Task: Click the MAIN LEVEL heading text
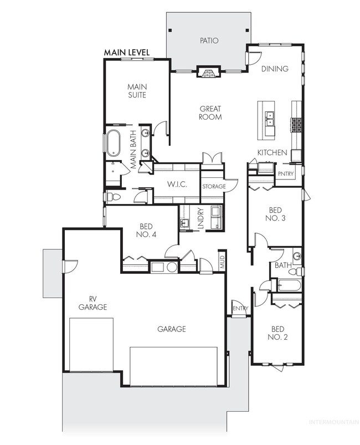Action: tap(128, 52)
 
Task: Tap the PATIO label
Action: tap(209, 40)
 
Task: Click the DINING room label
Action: tap(275, 69)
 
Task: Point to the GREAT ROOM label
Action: tap(210, 113)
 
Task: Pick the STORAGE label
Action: tap(213, 187)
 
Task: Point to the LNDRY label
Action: tap(201, 217)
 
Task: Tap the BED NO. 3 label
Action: tap(275, 214)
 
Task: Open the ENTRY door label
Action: tap(240, 309)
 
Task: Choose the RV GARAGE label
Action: tap(92, 303)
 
